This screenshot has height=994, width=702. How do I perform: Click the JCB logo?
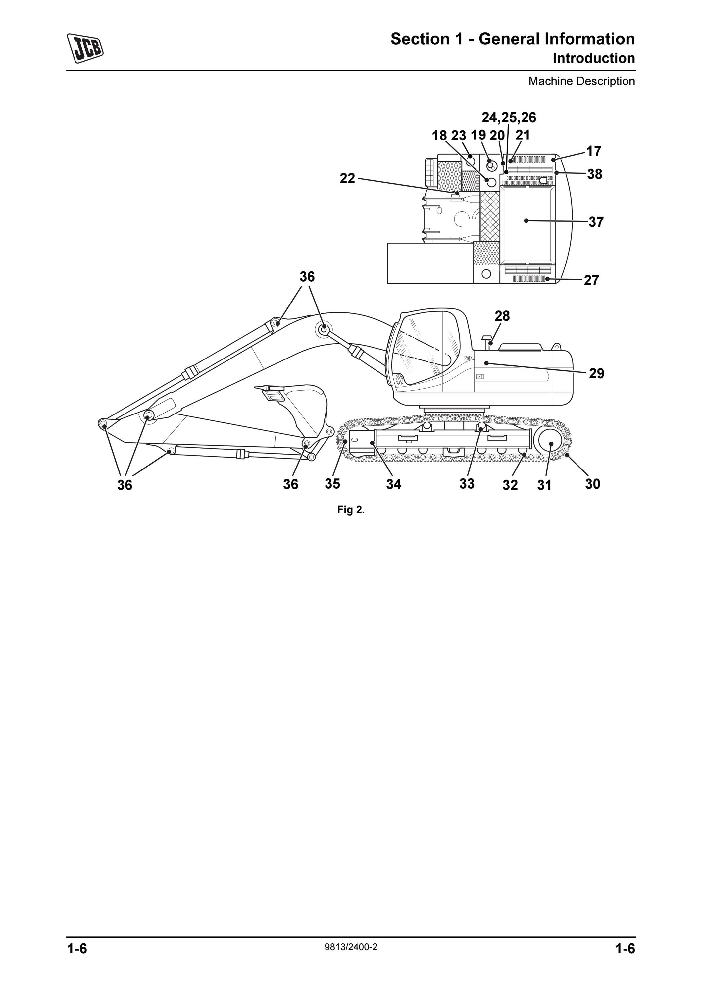tap(85, 48)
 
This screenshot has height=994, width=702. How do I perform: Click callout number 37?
tap(596, 222)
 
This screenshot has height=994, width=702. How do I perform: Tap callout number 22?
tap(347, 178)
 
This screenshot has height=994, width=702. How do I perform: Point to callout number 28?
tap(502, 316)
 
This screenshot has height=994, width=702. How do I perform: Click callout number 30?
tap(593, 484)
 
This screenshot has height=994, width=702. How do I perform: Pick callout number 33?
tap(467, 483)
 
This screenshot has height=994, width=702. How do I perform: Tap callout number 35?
tap(332, 483)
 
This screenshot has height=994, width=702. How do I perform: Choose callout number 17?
tap(594, 151)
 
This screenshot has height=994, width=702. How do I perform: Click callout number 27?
tap(591, 281)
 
